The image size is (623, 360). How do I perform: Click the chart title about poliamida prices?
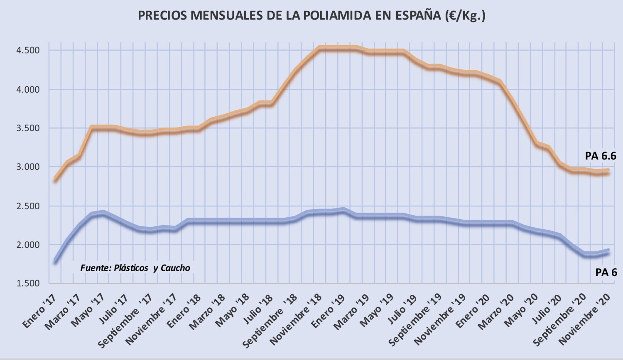[x=311, y=15]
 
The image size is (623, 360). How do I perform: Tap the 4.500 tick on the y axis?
[x=28, y=50]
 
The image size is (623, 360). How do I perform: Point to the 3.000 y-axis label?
[x=28, y=167]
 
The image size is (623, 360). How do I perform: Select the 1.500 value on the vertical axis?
[x=28, y=283]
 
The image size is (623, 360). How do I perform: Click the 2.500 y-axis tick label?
[x=28, y=206]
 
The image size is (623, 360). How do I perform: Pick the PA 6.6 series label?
[x=601, y=156]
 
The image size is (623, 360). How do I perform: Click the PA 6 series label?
[x=606, y=272]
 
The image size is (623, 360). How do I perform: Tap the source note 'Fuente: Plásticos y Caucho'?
[x=135, y=268]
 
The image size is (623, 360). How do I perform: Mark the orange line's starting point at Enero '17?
[x=55, y=179]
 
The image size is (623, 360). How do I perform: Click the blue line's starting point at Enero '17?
[x=55, y=261]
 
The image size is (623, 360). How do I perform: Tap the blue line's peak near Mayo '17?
[x=103, y=213]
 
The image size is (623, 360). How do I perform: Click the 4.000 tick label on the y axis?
[x=28, y=89]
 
